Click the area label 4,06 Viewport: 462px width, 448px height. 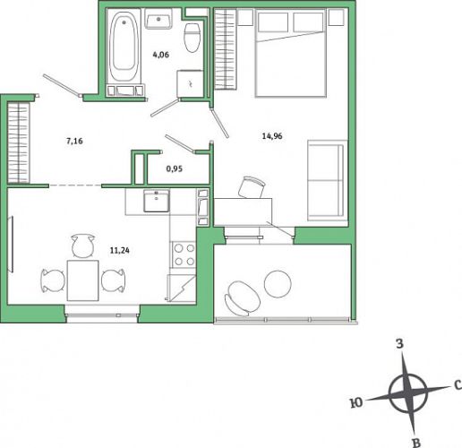point(161,55)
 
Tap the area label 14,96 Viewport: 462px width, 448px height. point(272,136)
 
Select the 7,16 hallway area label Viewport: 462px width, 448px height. point(74,141)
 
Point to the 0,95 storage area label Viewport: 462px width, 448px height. point(175,168)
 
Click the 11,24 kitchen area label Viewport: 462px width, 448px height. point(120,250)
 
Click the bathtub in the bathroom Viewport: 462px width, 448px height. point(124,47)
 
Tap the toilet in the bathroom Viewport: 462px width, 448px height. point(192,38)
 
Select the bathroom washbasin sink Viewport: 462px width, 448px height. point(158,19)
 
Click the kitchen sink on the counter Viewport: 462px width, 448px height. point(157,201)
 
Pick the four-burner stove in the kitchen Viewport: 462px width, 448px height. point(184,254)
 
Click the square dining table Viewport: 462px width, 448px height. point(82,280)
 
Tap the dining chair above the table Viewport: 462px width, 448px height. point(83,246)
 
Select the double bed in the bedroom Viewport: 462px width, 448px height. point(290,54)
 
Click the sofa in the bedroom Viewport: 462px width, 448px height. point(328,180)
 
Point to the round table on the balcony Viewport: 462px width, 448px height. point(278,284)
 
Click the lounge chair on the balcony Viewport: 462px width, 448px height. point(242,298)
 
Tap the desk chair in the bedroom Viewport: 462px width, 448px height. point(252,187)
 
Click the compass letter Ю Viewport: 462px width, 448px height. point(356,403)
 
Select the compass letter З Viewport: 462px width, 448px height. point(399,344)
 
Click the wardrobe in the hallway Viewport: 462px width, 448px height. point(18,142)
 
